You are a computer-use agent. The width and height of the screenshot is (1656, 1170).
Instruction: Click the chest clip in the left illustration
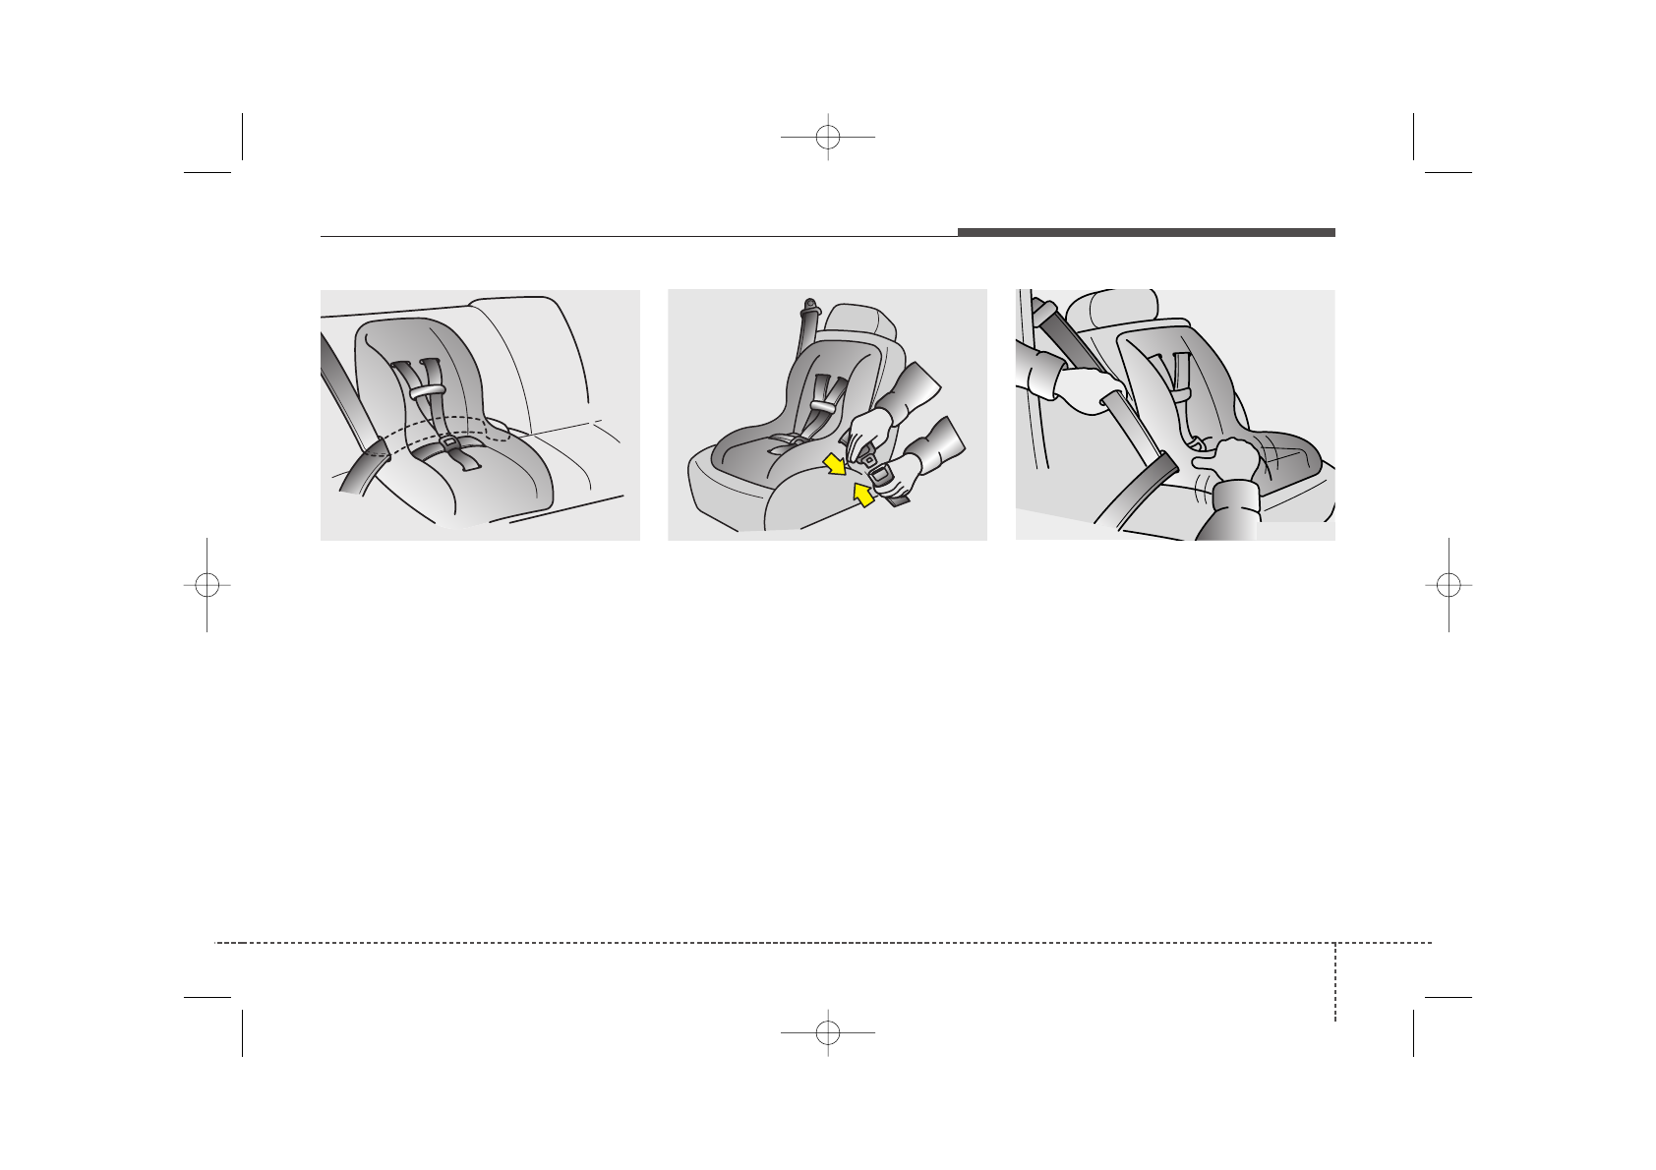point(424,390)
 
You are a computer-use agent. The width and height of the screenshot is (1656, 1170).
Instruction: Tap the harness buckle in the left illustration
point(449,443)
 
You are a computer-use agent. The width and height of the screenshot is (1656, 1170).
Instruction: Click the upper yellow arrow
point(834,463)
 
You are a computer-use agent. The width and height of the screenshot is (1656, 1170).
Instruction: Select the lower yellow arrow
point(862,497)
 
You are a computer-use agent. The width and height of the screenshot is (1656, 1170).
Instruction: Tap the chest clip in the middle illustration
point(824,404)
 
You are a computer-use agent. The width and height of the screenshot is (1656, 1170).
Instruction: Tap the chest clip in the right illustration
point(1182,393)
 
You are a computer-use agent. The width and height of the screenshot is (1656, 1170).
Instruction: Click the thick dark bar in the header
point(1146,233)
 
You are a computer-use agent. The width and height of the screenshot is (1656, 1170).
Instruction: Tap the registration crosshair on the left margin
point(207,584)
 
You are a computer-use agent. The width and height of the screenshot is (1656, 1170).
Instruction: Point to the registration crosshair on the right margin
point(1449,584)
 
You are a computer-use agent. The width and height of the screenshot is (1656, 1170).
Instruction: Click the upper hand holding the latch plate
point(870,428)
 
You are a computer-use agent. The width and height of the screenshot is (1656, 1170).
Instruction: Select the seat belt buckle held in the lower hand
point(878,480)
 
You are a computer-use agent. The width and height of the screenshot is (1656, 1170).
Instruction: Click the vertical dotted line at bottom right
point(1335,983)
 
